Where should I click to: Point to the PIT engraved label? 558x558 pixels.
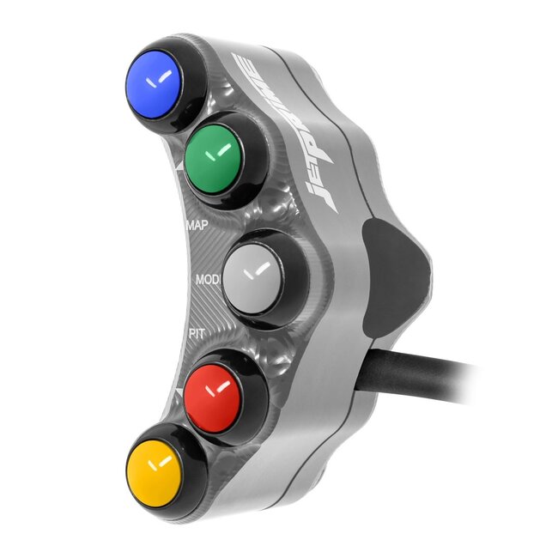pyautogui.click(x=195, y=333)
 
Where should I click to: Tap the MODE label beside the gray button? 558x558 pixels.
pyautogui.click(x=208, y=281)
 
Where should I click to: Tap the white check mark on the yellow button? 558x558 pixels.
pyautogui.click(x=158, y=466)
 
